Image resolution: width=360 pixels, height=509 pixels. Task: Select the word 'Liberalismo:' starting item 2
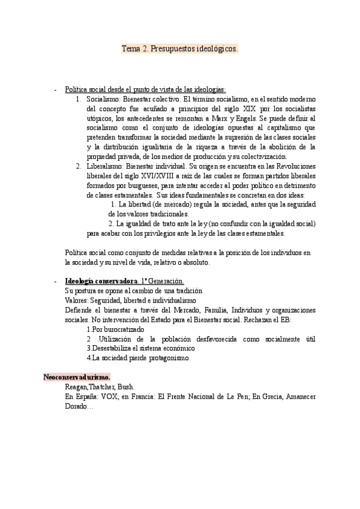pyautogui.click(x=106, y=166)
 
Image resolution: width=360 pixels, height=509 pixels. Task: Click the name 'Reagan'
pyautogui.click(x=77, y=387)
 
